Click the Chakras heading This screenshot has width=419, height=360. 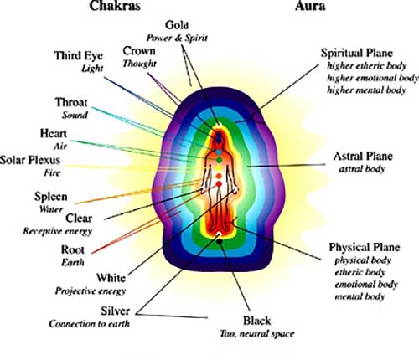point(115,6)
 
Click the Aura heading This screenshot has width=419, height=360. point(310,6)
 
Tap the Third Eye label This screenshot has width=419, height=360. point(79,56)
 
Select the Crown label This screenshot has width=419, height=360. point(139,51)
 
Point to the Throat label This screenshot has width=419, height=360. point(71,102)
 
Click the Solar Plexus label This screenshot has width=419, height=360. point(30,160)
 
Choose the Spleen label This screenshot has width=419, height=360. point(51,197)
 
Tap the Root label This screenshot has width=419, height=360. point(73,249)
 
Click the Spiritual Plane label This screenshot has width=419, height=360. point(357,53)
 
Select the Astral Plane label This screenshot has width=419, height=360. point(363,157)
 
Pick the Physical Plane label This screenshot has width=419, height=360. point(365,247)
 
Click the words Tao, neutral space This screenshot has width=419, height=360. point(257,334)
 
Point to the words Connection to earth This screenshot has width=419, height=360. point(89,324)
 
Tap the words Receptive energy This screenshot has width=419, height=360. point(58,231)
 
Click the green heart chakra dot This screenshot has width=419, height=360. point(220,160)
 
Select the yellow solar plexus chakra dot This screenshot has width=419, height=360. point(219,168)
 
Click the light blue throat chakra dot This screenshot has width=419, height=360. point(219,152)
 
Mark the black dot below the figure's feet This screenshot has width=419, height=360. point(220,242)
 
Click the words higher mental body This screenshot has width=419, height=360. point(366,90)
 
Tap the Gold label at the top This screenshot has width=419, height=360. point(177,25)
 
